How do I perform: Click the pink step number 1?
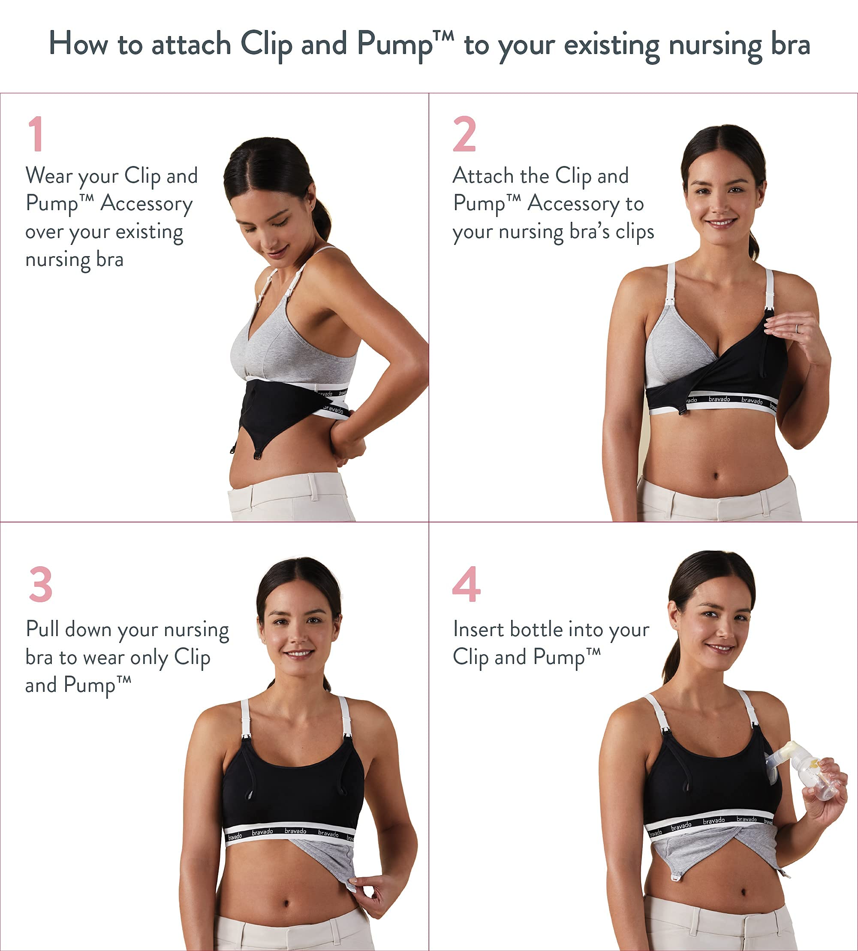click(36, 134)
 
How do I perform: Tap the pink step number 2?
click(464, 134)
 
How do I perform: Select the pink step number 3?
click(41, 585)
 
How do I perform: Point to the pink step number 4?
click(466, 585)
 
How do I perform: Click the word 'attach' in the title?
click(191, 44)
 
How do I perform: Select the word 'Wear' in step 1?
click(49, 176)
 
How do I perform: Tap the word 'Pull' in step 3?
click(42, 629)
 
